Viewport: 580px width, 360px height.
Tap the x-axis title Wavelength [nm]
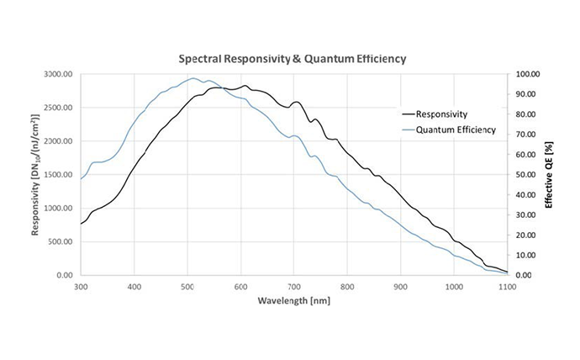pos(294,299)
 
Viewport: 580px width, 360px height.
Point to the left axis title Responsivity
pos(38,175)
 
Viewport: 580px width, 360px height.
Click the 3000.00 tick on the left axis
pos(58,75)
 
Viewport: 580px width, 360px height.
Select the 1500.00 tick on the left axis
pos(58,175)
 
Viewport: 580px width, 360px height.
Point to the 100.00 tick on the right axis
pos(527,75)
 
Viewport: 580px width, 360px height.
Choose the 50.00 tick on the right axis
pos(529,175)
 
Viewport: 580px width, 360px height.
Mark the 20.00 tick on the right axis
pos(529,236)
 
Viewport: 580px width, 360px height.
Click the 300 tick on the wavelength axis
pos(81,287)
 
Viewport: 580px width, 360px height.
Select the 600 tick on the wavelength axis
pos(240,287)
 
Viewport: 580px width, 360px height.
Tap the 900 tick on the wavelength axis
pos(401,287)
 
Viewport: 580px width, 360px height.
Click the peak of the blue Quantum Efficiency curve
pos(192,78)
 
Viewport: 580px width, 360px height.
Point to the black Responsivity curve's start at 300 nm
pos(81,224)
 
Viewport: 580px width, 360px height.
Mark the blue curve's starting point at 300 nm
pos(81,179)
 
